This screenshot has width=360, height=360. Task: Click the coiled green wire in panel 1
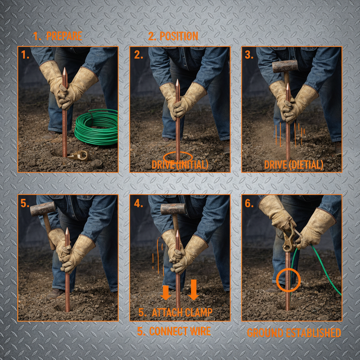click(96, 129)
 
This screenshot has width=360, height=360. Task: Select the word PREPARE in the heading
click(64, 36)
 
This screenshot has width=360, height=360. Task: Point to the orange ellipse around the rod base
click(178, 157)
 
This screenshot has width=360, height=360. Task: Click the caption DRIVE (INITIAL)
click(180, 165)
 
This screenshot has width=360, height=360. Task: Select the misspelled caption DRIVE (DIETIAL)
click(294, 165)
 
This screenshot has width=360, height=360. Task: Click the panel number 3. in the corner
click(249, 55)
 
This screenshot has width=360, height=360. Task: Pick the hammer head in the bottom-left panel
click(43, 209)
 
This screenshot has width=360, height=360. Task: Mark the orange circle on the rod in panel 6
click(288, 280)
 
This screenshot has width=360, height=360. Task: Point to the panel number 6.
click(249, 204)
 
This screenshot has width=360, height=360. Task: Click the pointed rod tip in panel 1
click(64, 72)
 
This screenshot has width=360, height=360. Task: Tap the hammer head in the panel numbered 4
click(173, 209)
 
